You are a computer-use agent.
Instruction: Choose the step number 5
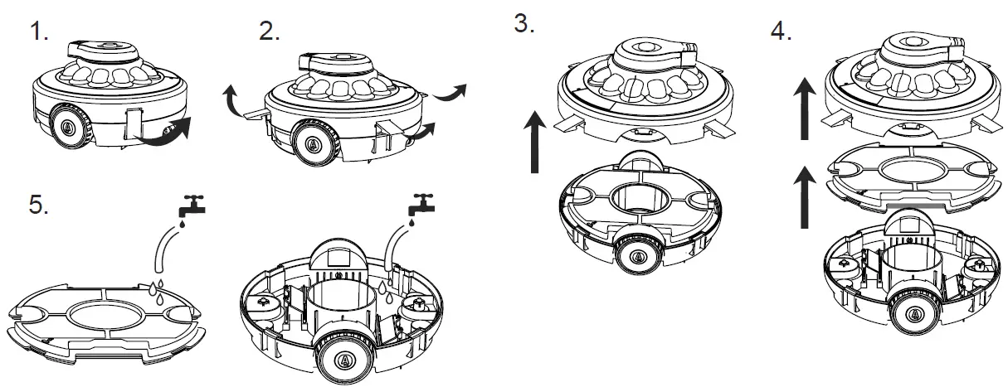(x=38, y=206)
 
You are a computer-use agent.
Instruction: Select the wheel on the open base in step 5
(x=343, y=357)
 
